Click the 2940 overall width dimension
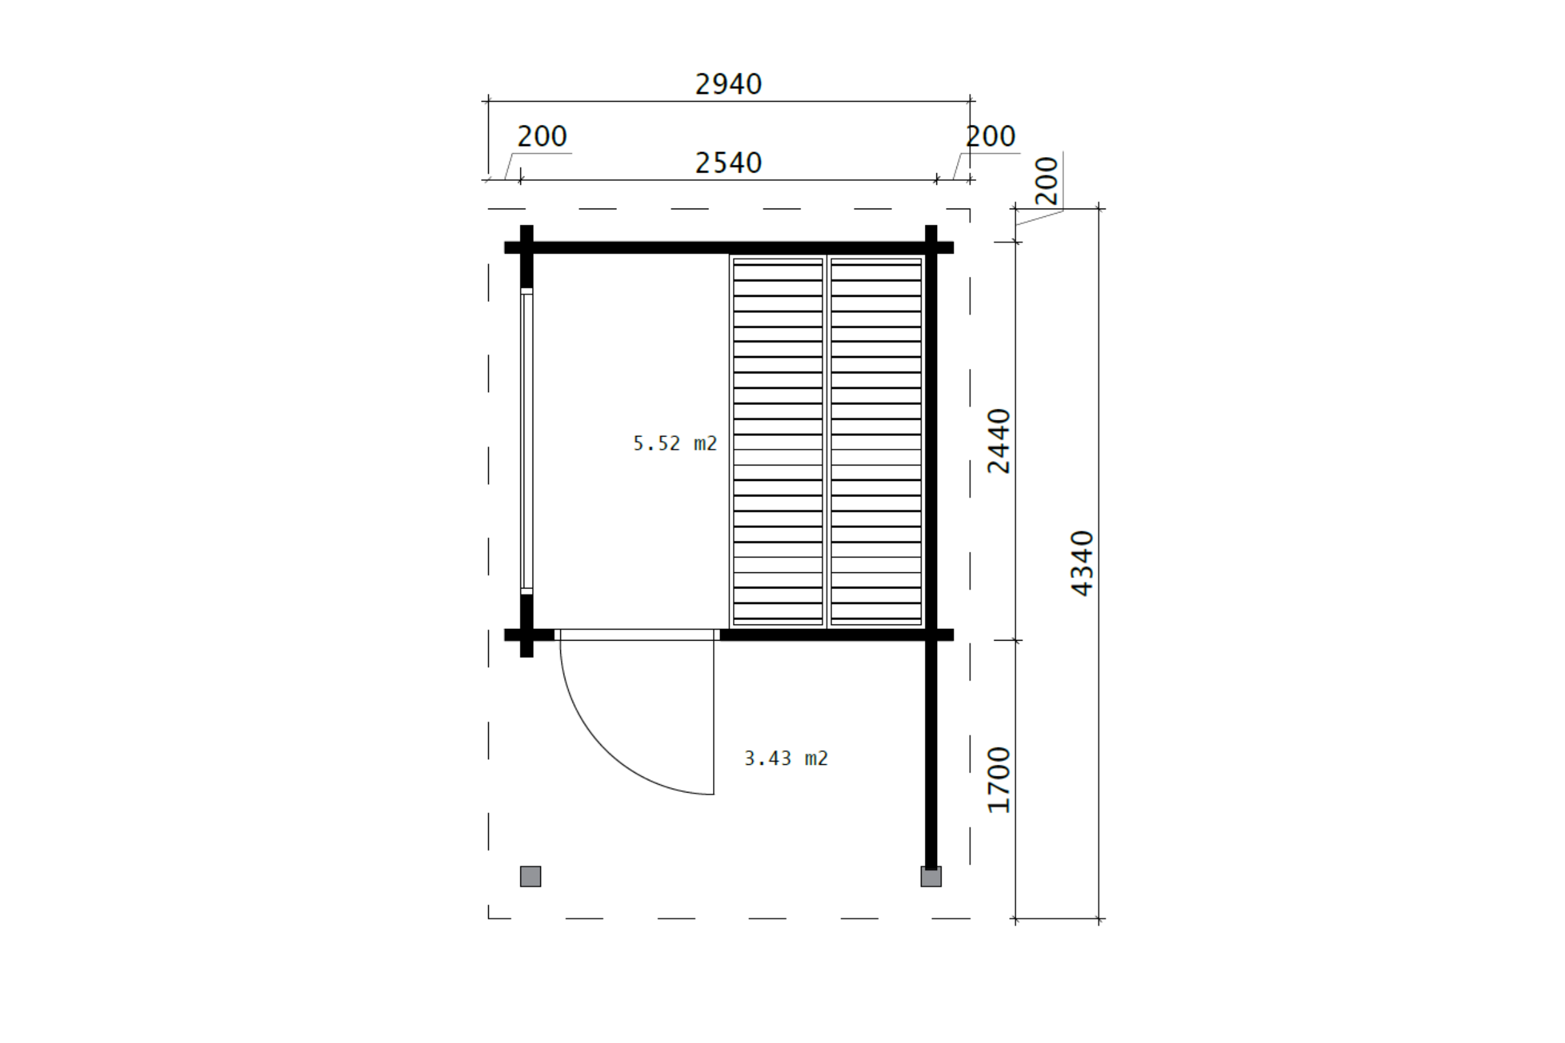click(728, 84)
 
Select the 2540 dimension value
click(728, 163)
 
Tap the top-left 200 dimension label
click(542, 136)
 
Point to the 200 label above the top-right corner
click(990, 136)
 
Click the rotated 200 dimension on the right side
click(1047, 180)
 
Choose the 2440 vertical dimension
click(999, 441)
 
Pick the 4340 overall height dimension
click(1082, 563)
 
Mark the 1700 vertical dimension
click(999, 780)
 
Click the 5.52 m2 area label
click(675, 444)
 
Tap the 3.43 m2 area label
click(786, 758)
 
